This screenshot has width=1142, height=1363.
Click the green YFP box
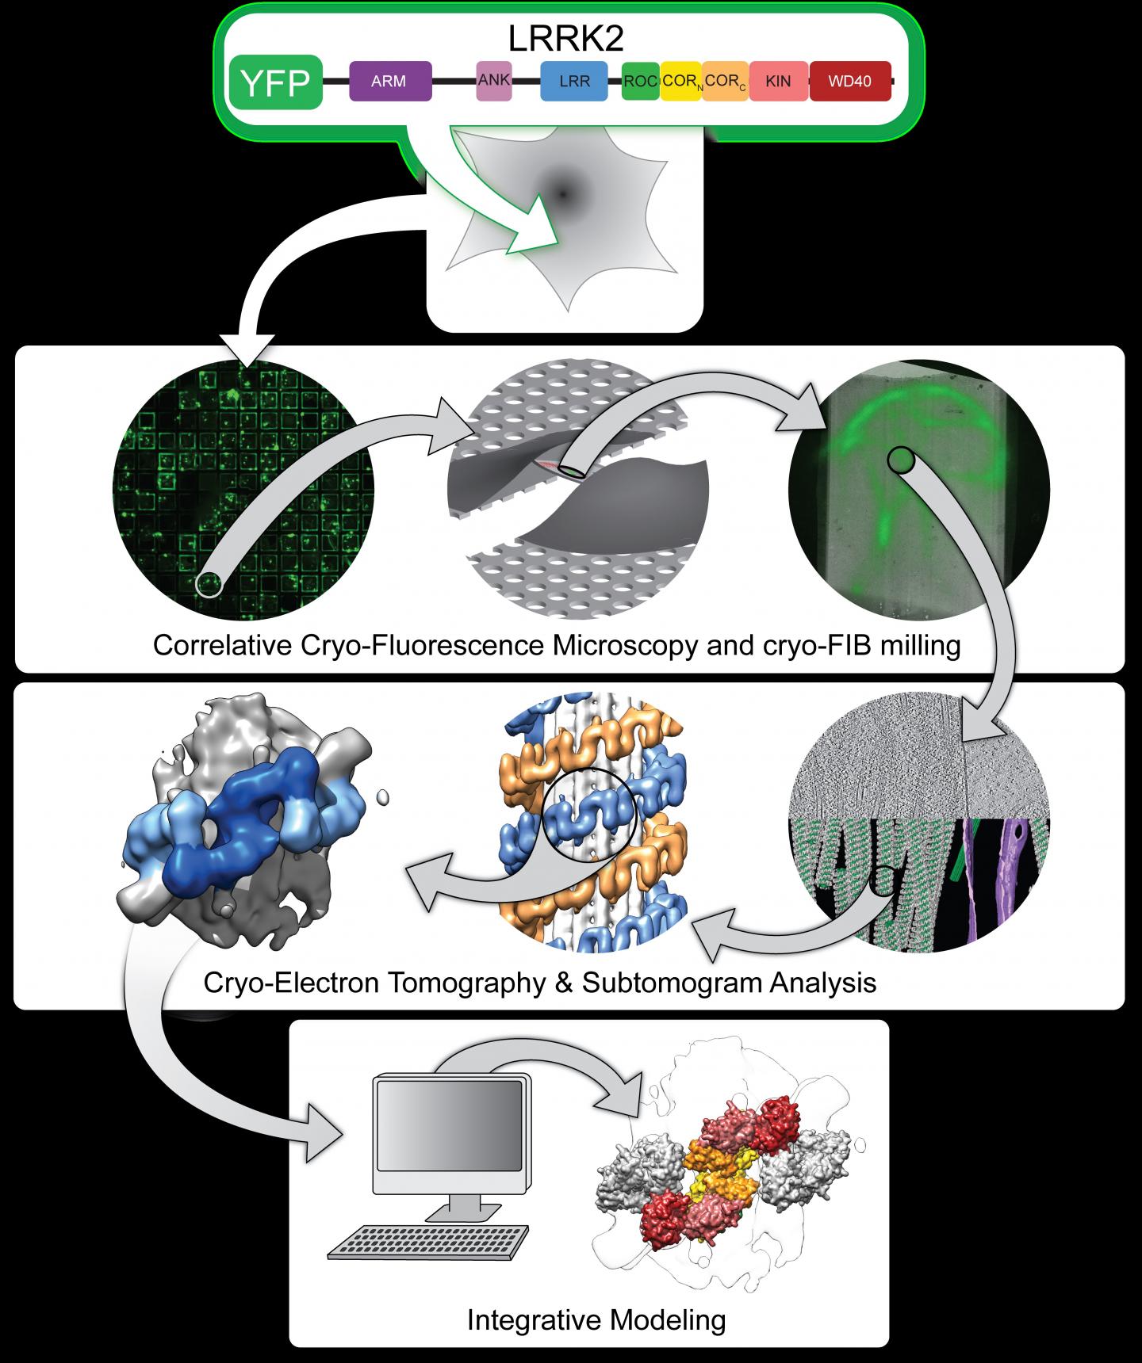click(275, 82)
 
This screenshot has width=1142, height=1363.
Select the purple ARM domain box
click(390, 82)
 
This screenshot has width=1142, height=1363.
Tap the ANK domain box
click(493, 82)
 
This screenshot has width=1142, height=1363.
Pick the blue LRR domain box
click(573, 82)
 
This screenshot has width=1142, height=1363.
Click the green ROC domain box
click(639, 82)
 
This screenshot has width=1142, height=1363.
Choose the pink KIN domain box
click(778, 82)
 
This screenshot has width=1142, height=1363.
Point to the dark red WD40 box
click(849, 82)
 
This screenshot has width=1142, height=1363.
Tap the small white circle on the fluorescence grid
click(208, 585)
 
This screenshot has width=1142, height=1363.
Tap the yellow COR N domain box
click(680, 82)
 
